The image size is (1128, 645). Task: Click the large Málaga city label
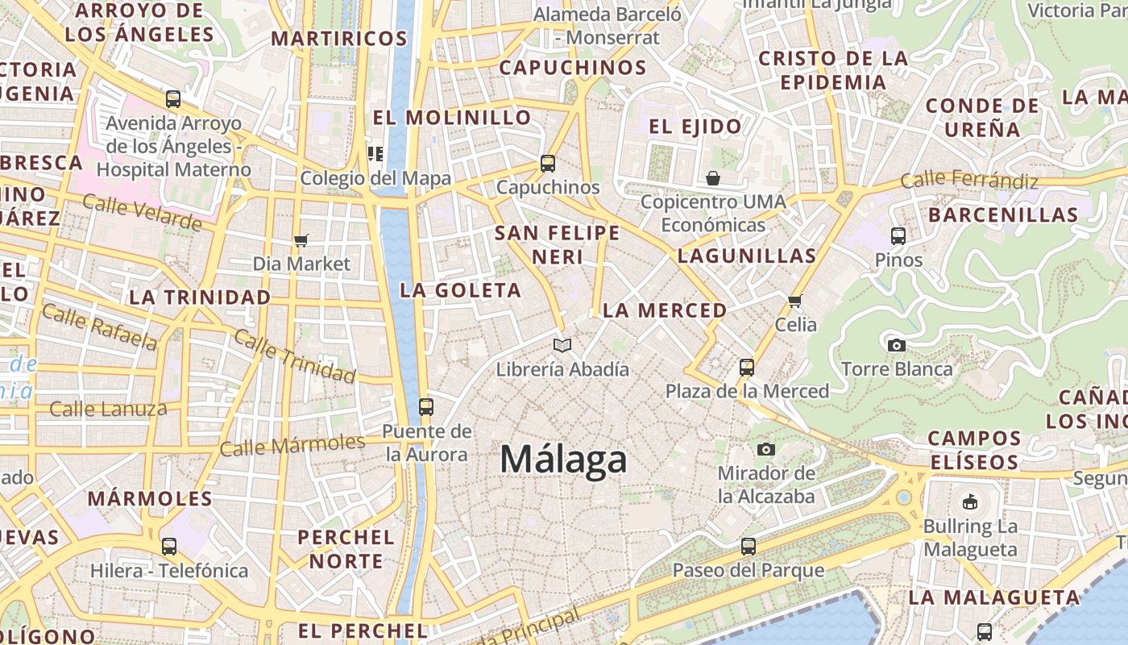[563, 460]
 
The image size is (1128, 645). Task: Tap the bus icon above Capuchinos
[548, 163]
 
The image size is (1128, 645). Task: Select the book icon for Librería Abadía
[562, 345]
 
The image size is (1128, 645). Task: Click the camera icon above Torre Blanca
[896, 345]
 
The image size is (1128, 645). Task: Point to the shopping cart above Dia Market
[301, 240]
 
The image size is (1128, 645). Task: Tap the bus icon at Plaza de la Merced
[747, 368]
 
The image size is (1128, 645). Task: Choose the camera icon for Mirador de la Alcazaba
[765, 449]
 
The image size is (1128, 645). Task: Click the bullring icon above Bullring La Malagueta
[970, 501]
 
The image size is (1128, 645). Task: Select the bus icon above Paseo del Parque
[749, 547]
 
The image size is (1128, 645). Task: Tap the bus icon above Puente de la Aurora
[426, 407]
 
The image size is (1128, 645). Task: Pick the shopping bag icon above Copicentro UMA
[713, 177]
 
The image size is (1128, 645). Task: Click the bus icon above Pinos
[898, 236]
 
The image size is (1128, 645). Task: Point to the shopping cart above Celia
[795, 301]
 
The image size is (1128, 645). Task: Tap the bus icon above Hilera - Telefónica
[169, 547]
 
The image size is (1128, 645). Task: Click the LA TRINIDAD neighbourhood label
[200, 298]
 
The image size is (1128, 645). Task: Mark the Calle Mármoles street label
[292, 444]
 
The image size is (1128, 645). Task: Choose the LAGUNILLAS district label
[747, 256]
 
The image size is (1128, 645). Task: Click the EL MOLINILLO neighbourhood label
[452, 118]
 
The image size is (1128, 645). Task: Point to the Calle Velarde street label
[142, 213]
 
